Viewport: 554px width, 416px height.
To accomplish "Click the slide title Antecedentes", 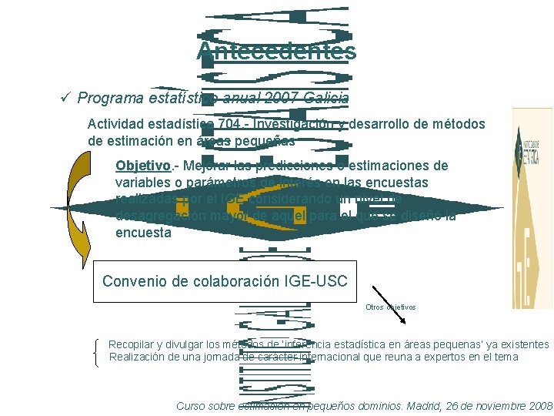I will tap(276, 51).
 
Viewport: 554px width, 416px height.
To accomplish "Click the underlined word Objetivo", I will tap(144, 166).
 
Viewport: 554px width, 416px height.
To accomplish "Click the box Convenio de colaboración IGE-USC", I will tap(225, 281).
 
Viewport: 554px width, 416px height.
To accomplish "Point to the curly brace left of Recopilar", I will tap(95, 352).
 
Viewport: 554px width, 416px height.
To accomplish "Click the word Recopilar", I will tap(133, 344).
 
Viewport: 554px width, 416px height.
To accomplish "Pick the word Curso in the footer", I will tap(192, 405).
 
